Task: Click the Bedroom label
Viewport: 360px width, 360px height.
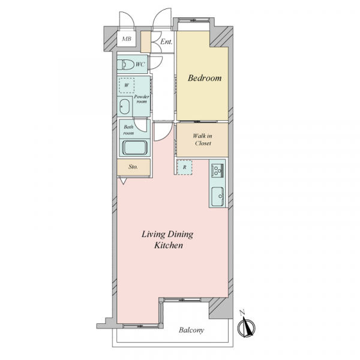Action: coord(205,78)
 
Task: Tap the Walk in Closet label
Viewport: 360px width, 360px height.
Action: coord(203,140)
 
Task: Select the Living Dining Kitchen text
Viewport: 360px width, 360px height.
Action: coord(167,239)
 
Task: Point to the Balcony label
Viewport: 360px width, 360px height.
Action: coord(191,331)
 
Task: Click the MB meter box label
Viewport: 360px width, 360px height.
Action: coord(127,38)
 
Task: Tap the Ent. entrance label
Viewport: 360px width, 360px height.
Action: coord(166,42)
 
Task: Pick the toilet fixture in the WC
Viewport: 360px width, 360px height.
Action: coord(125,65)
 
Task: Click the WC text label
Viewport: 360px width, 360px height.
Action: coord(140,64)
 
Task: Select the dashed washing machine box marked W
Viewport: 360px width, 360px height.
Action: coord(127,85)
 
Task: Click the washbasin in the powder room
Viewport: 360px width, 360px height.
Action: coord(125,107)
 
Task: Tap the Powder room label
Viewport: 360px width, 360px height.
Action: coord(142,99)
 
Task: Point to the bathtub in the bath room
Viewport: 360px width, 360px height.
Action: coord(135,148)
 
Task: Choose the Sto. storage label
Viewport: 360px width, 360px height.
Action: coord(133,167)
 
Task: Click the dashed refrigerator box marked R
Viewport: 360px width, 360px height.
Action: coord(185,167)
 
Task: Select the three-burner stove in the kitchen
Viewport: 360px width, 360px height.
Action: coord(217,170)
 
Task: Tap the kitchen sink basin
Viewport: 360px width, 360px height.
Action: coord(217,197)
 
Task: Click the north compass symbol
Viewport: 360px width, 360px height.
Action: coord(247,325)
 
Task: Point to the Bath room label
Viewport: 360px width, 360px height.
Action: coord(128,130)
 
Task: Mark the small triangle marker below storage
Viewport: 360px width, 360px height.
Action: coord(123,181)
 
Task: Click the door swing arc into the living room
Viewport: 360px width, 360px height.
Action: coord(166,136)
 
